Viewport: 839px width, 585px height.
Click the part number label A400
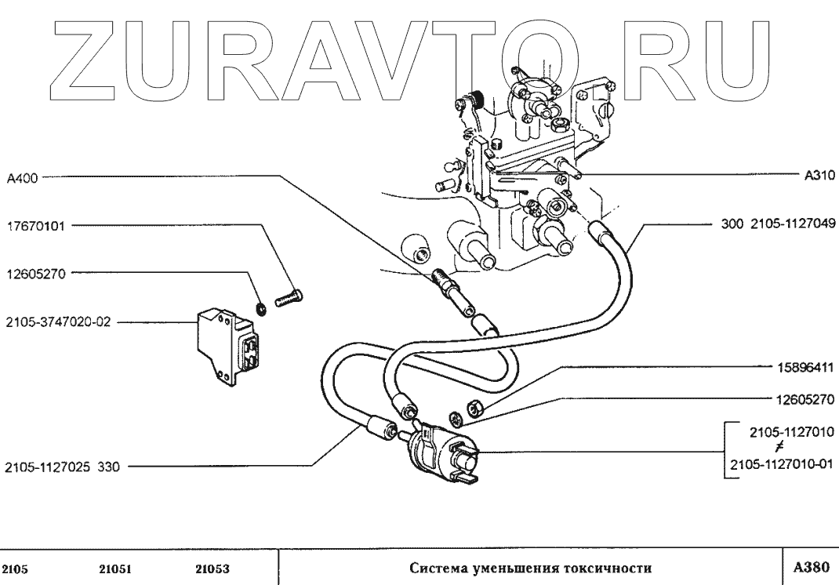point(21,178)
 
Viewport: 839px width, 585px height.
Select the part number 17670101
point(37,227)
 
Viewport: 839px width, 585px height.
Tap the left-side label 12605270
point(37,274)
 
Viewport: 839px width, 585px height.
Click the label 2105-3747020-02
point(54,322)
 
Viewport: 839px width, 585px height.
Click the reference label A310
point(819,176)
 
